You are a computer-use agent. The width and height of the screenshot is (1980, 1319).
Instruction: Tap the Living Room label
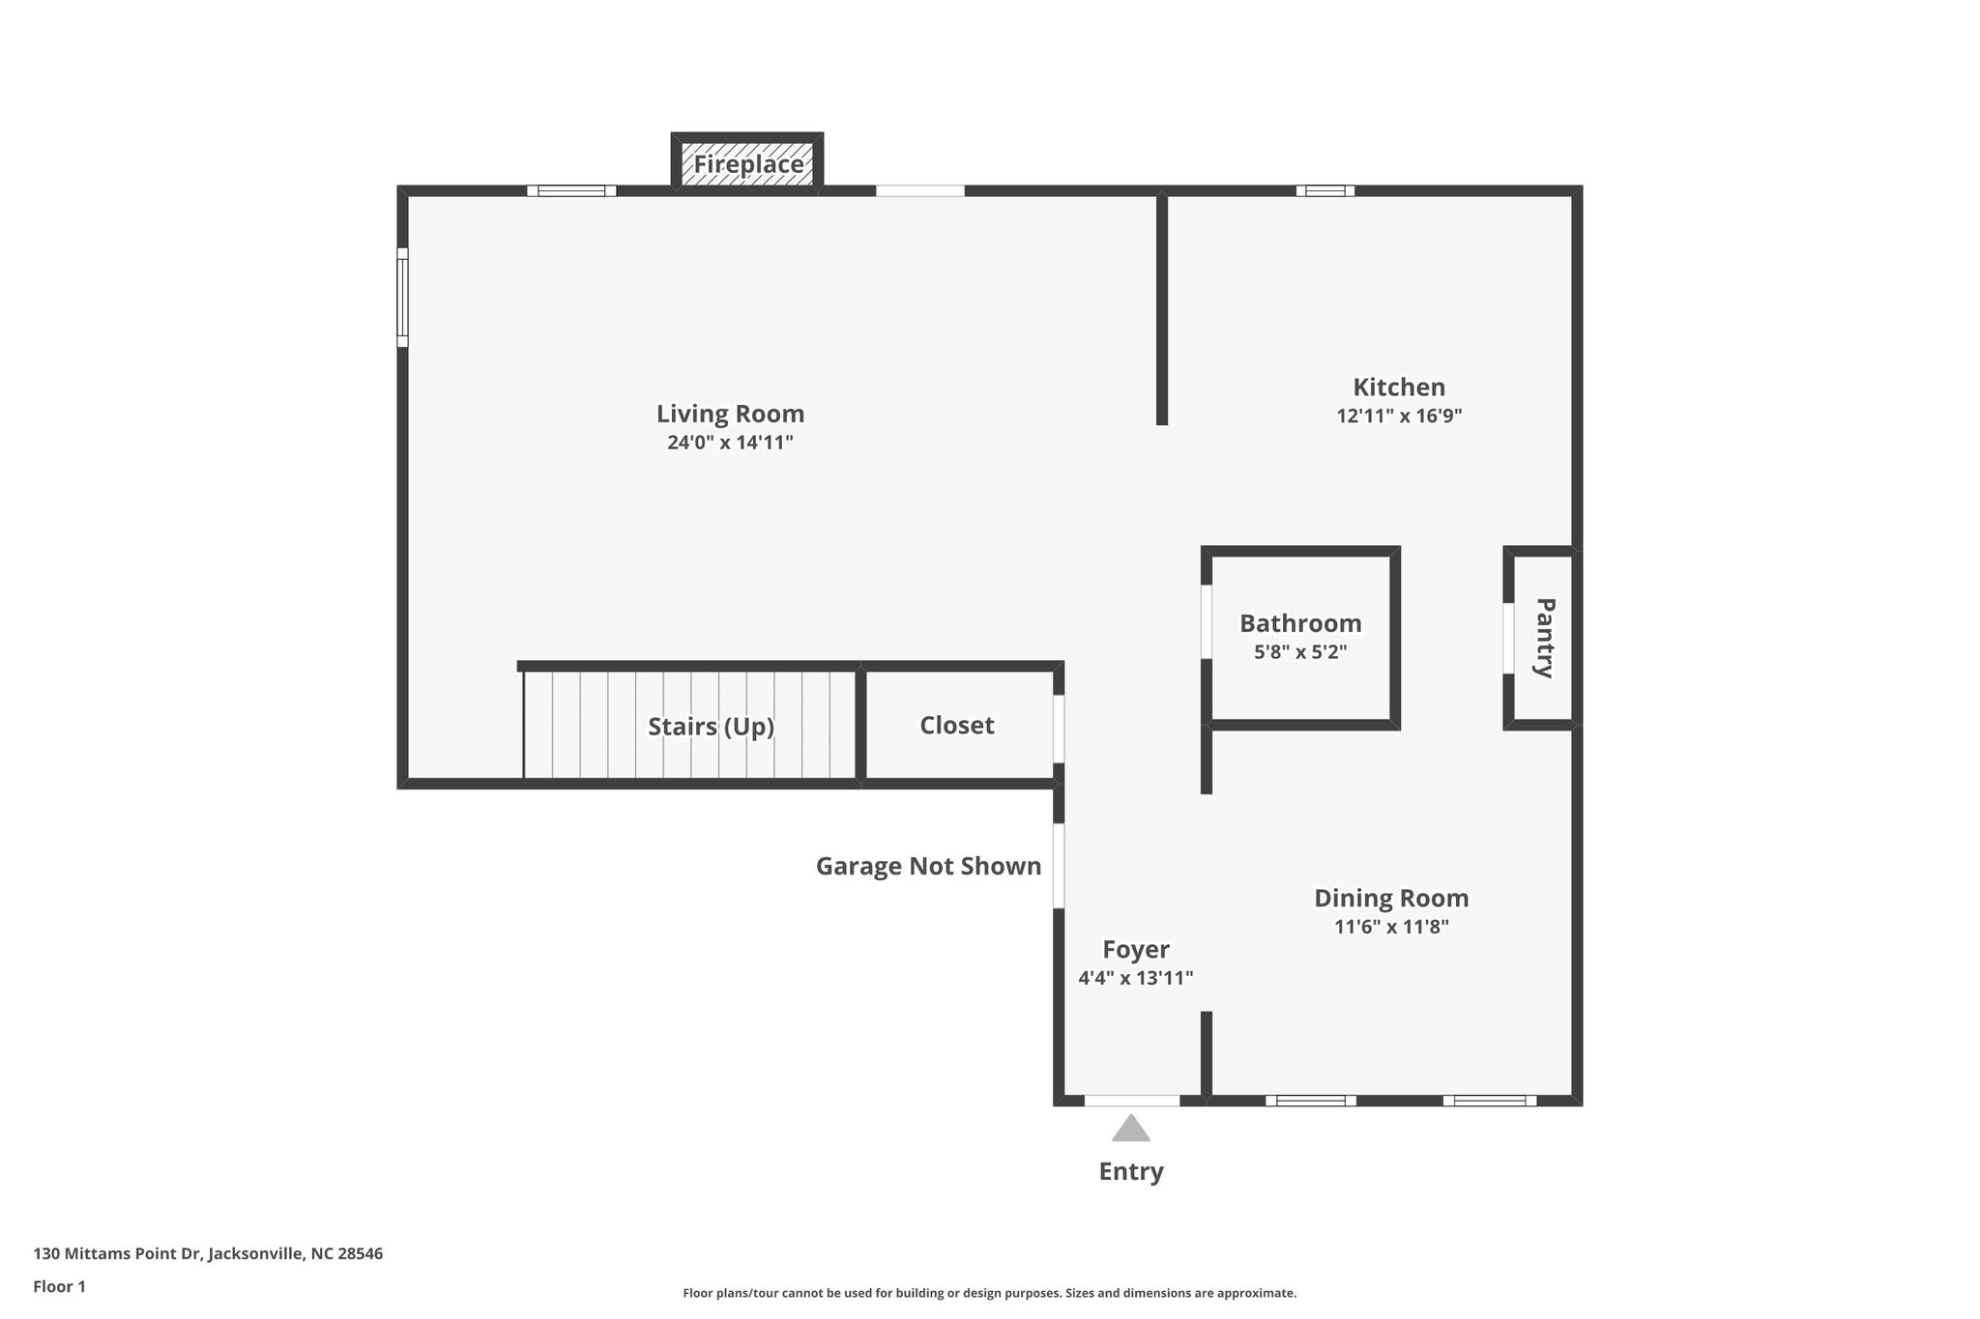(x=730, y=414)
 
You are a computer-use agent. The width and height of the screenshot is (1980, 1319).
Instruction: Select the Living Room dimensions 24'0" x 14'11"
(x=730, y=444)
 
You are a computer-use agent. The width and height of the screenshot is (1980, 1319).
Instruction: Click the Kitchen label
(x=1398, y=387)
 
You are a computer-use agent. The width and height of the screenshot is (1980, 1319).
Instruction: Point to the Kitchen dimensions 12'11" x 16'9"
(x=1398, y=416)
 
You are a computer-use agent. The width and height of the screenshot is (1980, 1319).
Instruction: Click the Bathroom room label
(x=1300, y=623)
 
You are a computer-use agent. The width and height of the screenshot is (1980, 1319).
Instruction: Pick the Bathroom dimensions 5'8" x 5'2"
(x=1300, y=652)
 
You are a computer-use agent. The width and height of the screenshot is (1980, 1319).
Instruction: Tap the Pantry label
(x=1545, y=638)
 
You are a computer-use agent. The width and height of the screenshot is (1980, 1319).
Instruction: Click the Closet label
(x=956, y=726)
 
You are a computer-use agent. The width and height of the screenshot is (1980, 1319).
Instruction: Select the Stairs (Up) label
(x=711, y=727)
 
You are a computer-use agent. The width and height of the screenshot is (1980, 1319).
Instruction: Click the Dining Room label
(x=1390, y=899)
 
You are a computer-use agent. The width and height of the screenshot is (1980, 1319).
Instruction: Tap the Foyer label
(x=1136, y=950)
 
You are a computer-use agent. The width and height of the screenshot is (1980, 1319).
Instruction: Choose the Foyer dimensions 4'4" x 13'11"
(x=1136, y=978)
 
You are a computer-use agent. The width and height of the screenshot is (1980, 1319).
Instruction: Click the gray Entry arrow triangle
(x=1130, y=1129)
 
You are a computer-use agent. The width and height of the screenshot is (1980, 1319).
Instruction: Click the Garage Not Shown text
(x=928, y=867)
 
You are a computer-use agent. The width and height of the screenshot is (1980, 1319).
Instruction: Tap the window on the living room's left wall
(x=402, y=297)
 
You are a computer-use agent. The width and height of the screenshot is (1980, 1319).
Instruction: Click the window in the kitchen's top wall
(x=1325, y=190)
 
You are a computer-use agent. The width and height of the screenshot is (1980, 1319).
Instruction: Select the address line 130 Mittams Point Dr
(x=208, y=1254)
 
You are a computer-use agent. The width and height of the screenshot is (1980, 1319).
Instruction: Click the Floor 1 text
(x=59, y=1287)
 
